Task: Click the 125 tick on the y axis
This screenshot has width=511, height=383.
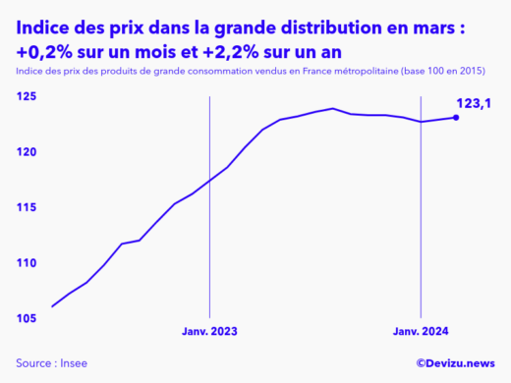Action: tap(25, 96)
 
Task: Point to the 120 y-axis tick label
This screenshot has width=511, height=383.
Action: tap(25, 152)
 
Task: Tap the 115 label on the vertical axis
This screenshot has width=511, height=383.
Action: tap(25, 207)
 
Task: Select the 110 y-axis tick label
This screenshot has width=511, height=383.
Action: tap(25, 263)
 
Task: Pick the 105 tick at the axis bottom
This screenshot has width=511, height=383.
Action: tap(25, 318)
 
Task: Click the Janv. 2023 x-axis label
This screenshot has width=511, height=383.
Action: tap(209, 333)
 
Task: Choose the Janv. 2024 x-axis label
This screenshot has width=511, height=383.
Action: tap(421, 333)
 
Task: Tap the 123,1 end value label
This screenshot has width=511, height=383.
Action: tap(474, 102)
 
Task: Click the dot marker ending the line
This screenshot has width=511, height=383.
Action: tap(455, 118)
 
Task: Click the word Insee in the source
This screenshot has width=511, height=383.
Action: tap(74, 363)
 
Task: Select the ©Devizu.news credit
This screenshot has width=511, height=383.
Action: tap(456, 363)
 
